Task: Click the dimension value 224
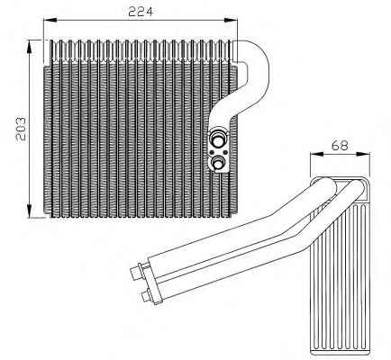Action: coord(141,12)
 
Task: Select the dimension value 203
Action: coord(21,129)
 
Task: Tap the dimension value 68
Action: coord(340,146)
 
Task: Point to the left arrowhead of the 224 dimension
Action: coord(49,21)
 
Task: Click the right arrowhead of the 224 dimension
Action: coord(232,21)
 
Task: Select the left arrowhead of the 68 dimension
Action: coord(315,154)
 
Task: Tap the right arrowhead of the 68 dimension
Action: coord(365,154)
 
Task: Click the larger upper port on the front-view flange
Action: coord(217,137)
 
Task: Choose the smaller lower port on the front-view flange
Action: coord(217,163)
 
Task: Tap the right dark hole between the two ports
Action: coord(224,151)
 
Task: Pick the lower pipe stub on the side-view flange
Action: coord(147,295)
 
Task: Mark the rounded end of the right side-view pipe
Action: coord(358,187)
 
